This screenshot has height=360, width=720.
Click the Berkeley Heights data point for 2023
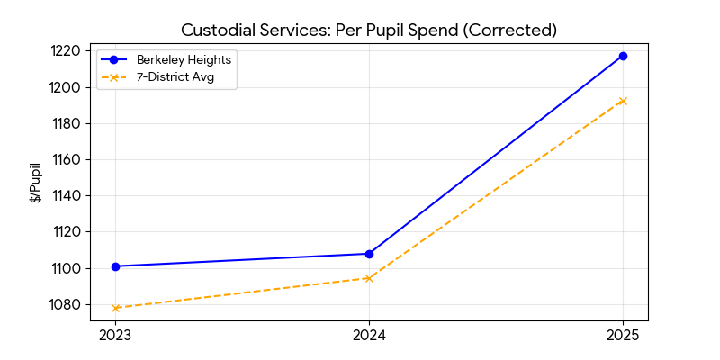click(115, 266)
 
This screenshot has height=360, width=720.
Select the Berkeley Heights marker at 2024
click(369, 254)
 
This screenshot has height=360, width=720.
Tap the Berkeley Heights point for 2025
click(623, 56)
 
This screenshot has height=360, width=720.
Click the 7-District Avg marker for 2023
click(115, 308)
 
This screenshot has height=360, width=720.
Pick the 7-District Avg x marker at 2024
click(369, 278)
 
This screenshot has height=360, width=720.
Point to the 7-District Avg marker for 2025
click(623, 101)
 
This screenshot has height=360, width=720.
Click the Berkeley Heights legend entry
click(175, 60)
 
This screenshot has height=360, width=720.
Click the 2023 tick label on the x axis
click(115, 336)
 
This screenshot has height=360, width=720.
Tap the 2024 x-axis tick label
click(369, 336)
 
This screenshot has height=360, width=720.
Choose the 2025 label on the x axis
click(623, 336)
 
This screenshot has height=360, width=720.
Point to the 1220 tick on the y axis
click(67, 51)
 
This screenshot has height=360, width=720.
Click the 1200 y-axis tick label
click(67, 87)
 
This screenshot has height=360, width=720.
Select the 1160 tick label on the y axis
click(67, 159)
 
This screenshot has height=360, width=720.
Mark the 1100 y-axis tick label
click(67, 268)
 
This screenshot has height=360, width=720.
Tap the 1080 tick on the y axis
click(67, 304)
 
